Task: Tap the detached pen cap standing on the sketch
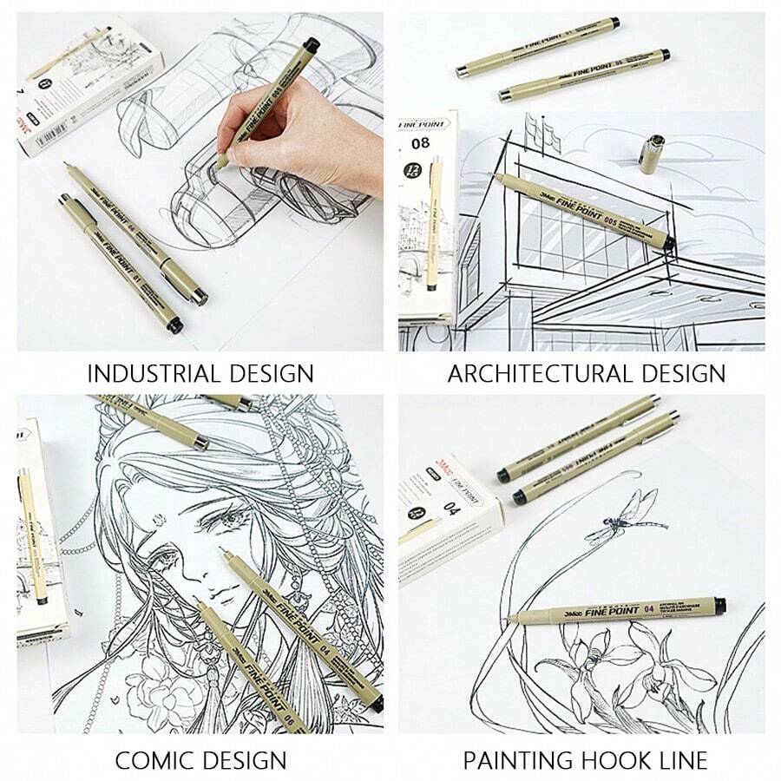[x=652, y=154]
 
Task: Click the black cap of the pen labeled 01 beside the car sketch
[x=174, y=325]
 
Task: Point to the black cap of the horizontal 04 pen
[x=719, y=606]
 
